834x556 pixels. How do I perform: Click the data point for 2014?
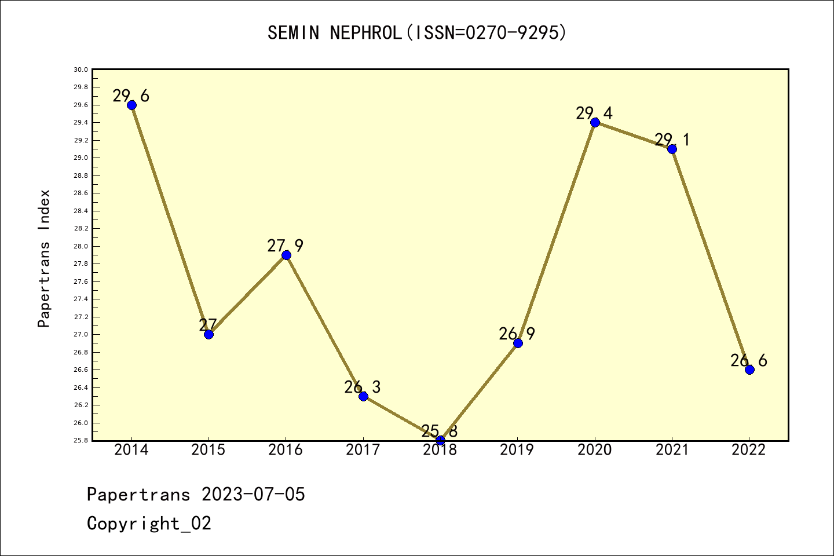(x=131, y=105)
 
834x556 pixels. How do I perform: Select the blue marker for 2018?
(x=440, y=440)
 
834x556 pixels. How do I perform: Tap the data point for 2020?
(x=595, y=122)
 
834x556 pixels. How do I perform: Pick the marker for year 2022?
(x=749, y=370)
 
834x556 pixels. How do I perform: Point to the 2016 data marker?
(x=286, y=255)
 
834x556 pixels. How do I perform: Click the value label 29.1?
(x=672, y=140)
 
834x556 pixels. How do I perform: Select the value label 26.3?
(x=362, y=387)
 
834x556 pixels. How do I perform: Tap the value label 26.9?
(x=517, y=334)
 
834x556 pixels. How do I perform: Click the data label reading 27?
(x=208, y=325)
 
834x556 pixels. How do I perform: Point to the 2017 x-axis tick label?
(x=363, y=450)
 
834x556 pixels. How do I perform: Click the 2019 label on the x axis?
(x=517, y=450)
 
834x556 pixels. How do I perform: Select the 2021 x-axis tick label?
(x=672, y=450)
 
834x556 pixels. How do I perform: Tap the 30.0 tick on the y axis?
(x=81, y=69)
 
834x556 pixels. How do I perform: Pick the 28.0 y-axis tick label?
(x=81, y=246)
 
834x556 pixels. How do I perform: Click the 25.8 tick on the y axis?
(x=81, y=440)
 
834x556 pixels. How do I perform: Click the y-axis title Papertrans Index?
(x=44, y=258)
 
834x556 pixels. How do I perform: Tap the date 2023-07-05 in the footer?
(x=253, y=495)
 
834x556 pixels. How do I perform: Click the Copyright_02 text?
(x=149, y=524)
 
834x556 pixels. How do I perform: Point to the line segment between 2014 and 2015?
(x=170, y=220)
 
